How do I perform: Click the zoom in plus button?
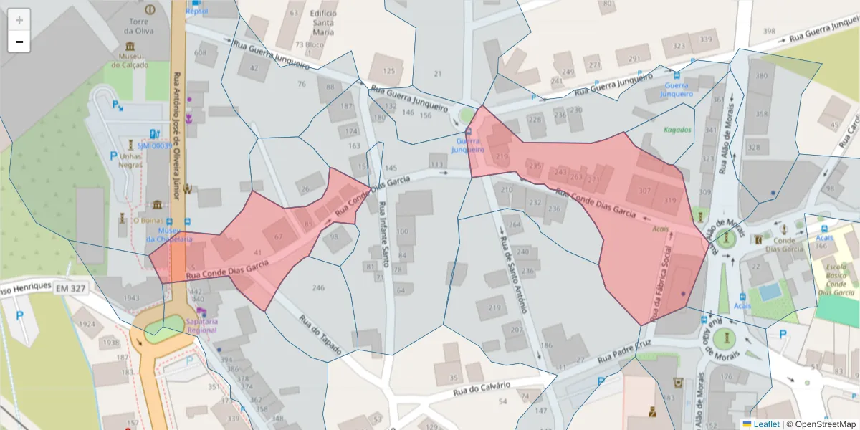[x=19, y=20]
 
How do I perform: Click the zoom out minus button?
[x=19, y=42]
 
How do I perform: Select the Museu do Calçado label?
[x=130, y=60]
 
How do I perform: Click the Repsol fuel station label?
[x=196, y=11]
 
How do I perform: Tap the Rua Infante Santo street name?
[x=383, y=234]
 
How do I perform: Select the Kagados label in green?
[x=677, y=130]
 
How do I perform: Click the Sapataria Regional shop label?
[x=201, y=325]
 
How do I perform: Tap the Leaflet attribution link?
[x=766, y=424]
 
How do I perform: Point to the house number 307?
[x=645, y=191]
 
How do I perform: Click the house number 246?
[x=318, y=287]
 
